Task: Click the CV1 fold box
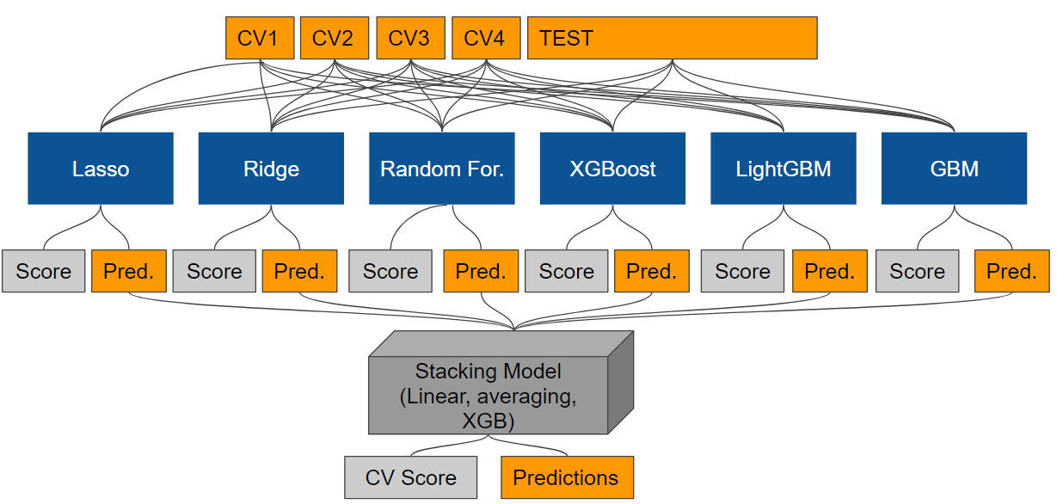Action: point(260,38)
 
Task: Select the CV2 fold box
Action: point(335,38)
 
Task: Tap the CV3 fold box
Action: point(410,38)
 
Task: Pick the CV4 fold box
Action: point(486,38)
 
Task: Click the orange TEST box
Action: point(672,38)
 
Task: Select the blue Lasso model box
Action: point(101,169)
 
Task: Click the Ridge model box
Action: point(271,169)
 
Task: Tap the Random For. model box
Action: point(442,169)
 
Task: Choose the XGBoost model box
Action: point(612,169)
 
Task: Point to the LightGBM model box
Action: point(784,169)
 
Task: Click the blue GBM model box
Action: point(954,169)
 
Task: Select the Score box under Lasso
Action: point(43,271)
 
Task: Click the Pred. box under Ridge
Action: point(299,271)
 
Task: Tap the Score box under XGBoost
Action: point(566,271)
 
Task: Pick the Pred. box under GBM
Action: point(1011,271)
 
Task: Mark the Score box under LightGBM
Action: point(742,271)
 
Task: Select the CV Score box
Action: point(410,477)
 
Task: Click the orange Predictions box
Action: point(567,477)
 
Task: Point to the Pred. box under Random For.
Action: point(481,271)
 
